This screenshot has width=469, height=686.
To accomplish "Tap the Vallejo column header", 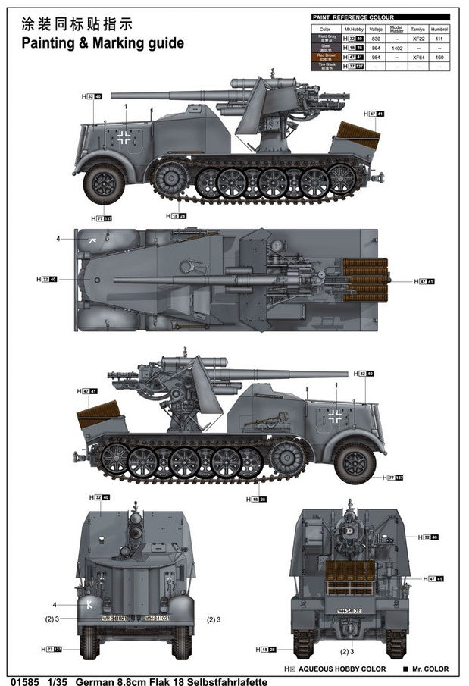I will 374,28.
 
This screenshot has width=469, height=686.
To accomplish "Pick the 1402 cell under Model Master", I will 396,47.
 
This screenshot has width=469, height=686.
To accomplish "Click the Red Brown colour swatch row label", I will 326,57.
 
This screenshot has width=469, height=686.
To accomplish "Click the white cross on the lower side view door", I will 334,415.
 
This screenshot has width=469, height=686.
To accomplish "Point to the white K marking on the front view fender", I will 91,604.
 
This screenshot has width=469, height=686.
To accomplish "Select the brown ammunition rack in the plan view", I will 365,279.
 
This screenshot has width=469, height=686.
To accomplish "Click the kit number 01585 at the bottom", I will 17,680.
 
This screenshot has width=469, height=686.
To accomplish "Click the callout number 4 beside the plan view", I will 57,239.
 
